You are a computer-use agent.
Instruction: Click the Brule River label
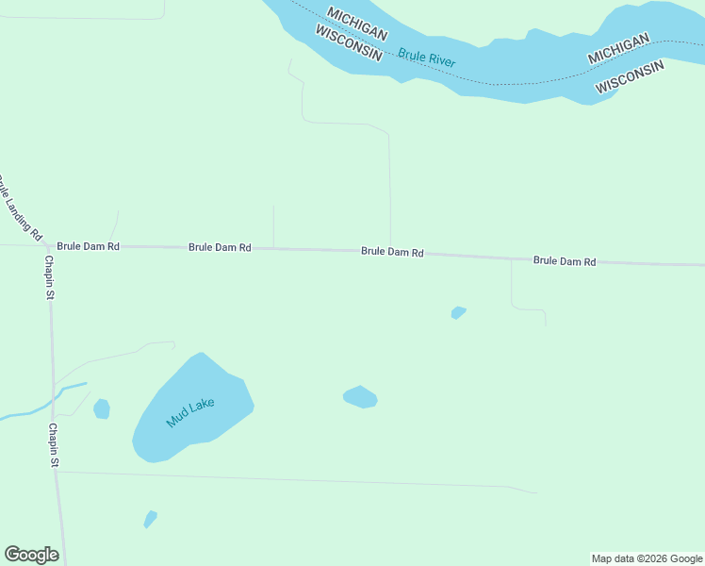[426, 58]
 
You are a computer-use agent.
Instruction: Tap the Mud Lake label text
[190, 412]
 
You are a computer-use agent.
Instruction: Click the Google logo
[31, 555]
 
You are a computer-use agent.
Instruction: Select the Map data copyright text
[647, 558]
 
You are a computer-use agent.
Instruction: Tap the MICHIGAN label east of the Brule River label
[619, 48]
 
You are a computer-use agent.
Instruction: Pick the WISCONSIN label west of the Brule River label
[348, 44]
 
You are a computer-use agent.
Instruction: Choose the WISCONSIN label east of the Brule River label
[631, 77]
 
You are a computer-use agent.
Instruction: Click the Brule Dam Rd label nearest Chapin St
[88, 246]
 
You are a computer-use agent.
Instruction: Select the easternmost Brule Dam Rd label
[565, 261]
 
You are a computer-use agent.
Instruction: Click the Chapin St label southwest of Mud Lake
[54, 444]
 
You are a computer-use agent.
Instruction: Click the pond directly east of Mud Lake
[360, 397]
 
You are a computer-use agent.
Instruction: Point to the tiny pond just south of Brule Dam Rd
[458, 312]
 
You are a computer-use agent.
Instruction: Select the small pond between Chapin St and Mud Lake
[102, 408]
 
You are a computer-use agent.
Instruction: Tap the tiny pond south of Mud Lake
[150, 519]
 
